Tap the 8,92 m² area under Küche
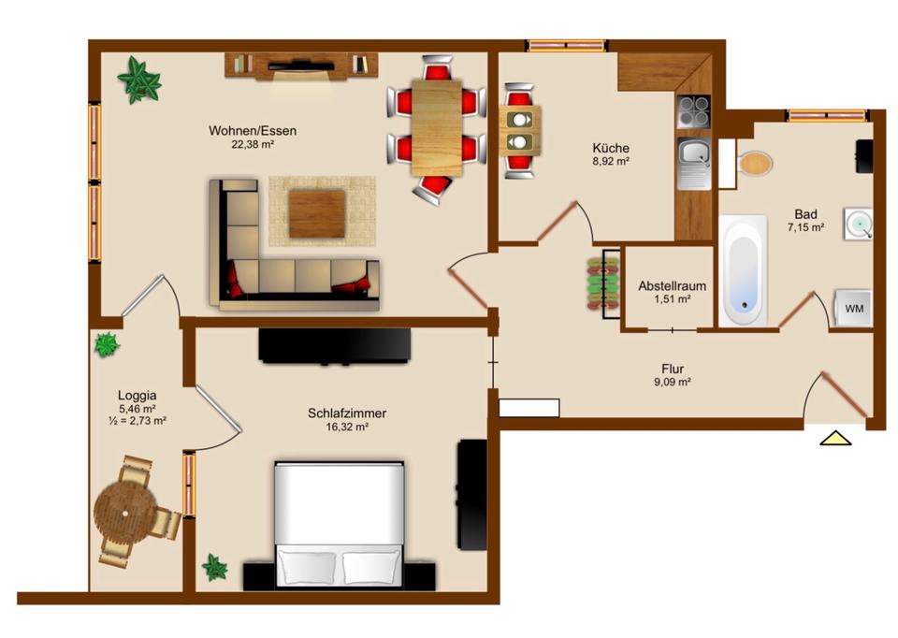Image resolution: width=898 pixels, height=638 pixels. (610, 162)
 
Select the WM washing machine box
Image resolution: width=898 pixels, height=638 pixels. (853, 309)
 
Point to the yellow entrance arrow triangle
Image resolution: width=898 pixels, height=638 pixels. (834, 438)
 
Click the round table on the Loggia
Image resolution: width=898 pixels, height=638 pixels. (123, 511)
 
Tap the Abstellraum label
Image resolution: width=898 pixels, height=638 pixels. (671, 285)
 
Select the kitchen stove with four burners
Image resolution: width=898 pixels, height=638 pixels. (694, 112)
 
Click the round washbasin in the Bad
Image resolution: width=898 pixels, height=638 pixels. (858, 223)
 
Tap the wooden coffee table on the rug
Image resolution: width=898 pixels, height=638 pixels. (316, 213)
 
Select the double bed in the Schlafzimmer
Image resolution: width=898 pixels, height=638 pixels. (339, 524)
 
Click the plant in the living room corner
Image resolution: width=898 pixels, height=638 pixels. (139, 80)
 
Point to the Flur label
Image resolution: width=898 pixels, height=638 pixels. (672, 367)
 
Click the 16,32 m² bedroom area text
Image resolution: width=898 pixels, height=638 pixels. (347, 427)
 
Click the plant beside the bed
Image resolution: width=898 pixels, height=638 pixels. (215, 567)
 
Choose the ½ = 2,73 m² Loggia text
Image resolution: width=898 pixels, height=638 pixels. (137, 421)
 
